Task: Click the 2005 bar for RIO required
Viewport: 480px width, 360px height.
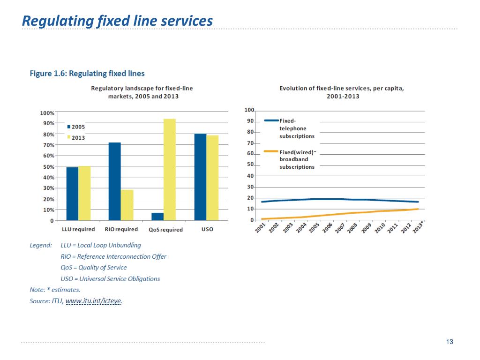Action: [115, 181]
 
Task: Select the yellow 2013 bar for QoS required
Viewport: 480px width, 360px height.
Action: [170, 170]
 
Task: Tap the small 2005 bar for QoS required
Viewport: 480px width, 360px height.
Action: [157, 217]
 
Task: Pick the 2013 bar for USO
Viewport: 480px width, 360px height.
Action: [212, 178]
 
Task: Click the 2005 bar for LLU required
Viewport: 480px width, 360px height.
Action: [72, 194]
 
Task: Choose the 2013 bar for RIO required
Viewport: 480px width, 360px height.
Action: [127, 205]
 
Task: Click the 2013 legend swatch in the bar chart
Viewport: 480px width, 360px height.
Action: [69, 137]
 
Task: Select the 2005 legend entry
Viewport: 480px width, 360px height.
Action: [76, 127]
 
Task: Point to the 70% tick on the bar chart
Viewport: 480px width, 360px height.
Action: [49, 145]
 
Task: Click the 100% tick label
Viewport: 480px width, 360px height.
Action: [47, 113]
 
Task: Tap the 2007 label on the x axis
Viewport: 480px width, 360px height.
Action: [340, 228]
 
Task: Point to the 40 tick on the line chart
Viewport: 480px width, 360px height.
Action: [250, 176]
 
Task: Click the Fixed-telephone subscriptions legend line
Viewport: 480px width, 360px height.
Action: [271, 120]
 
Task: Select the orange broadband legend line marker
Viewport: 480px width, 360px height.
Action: [271, 151]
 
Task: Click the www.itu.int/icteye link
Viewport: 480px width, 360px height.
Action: [93, 301]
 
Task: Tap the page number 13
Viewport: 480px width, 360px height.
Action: [450, 342]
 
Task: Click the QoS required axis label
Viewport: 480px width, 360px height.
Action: [165, 230]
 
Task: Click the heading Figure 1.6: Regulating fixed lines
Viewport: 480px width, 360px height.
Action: [87, 74]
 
